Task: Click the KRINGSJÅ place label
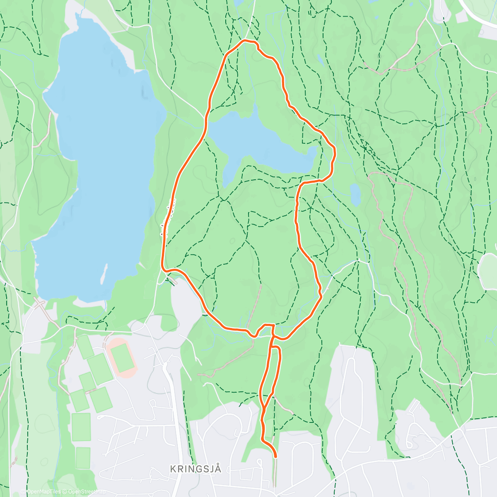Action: pyautogui.click(x=195, y=469)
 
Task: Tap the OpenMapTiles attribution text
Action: pyautogui.click(x=43, y=492)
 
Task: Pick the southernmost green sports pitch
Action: pyautogui.click(x=83, y=458)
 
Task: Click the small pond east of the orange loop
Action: pyautogui.click(x=355, y=194)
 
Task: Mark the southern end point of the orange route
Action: pyautogui.click(x=275, y=456)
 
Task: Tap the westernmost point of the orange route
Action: pyautogui.click(x=162, y=263)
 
